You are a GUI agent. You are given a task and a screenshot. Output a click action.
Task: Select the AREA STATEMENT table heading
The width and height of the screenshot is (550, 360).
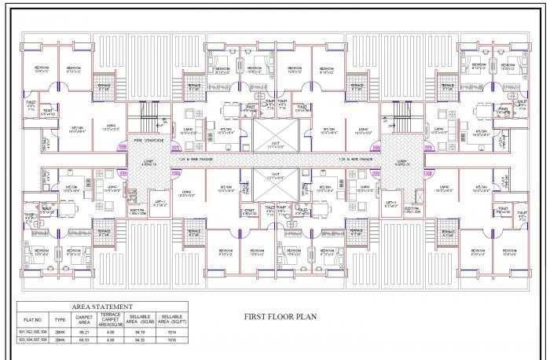point(102,306)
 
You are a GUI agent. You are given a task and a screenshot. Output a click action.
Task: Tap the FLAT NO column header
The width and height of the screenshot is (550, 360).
point(32,320)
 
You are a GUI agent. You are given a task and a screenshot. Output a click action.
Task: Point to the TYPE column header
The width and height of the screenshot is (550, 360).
point(60,320)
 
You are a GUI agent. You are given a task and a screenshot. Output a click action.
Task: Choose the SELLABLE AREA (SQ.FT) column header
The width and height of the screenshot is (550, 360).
point(170,320)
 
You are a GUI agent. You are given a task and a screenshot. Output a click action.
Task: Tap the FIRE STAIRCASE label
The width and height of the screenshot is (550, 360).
point(148,141)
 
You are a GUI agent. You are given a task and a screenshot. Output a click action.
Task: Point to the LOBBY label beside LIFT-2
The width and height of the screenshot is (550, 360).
point(401,164)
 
